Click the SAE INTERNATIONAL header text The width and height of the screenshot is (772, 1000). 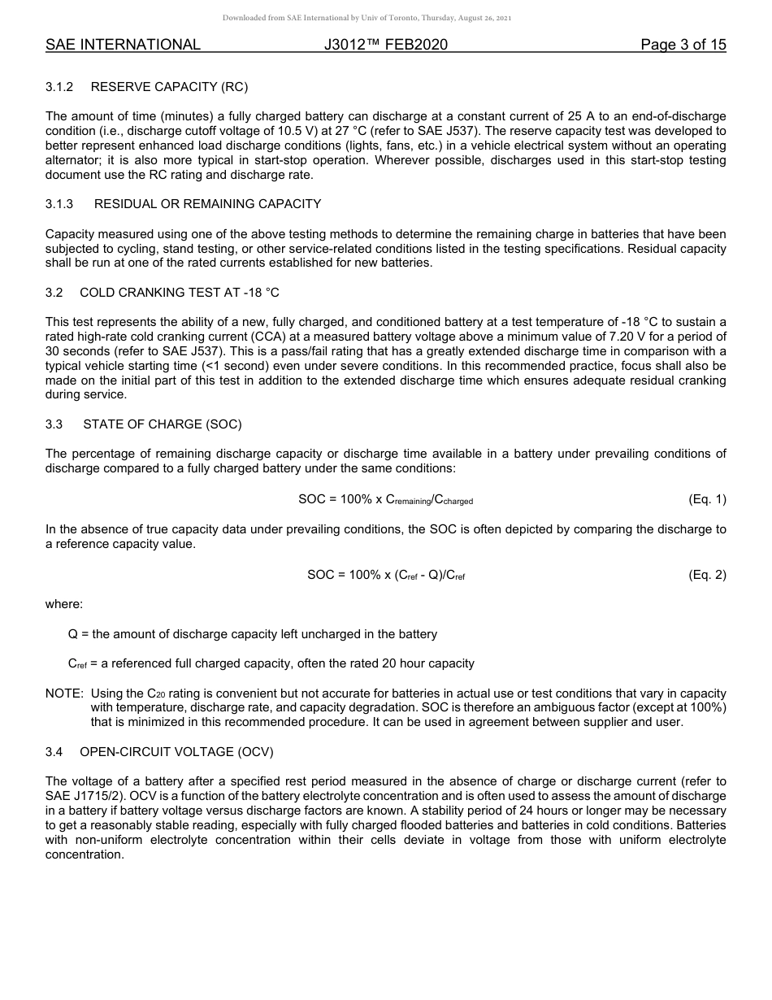(x=123, y=46)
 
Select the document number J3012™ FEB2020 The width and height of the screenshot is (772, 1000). (x=385, y=46)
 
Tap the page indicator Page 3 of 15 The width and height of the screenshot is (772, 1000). (x=683, y=46)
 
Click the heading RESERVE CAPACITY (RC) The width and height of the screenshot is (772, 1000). (x=169, y=87)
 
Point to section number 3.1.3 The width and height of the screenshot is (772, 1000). (x=59, y=204)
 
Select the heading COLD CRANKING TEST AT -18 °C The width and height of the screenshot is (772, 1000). (x=179, y=293)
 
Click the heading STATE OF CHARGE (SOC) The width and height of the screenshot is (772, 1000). (x=162, y=424)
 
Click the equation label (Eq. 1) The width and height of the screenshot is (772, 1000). (x=707, y=500)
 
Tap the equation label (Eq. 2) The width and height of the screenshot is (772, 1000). (x=707, y=575)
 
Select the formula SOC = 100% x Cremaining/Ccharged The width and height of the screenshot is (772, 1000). (x=385, y=500)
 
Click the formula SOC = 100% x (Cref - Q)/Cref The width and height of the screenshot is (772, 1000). (x=385, y=575)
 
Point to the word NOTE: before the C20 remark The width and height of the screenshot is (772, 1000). (x=64, y=693)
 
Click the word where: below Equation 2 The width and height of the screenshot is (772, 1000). (x=64, y=604)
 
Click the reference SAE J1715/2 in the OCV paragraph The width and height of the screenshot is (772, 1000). (x=83, y=796)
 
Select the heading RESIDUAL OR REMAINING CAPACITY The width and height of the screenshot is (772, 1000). (x=207, y=204)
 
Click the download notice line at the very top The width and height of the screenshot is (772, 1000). (x=366, y=18)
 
